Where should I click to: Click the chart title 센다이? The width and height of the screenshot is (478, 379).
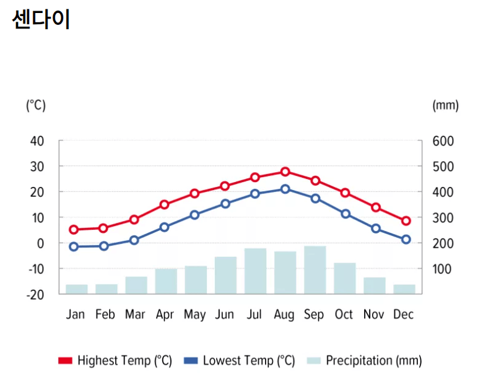click(x=41, y=19)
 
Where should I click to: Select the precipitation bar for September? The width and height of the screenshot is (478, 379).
click(x=315, y=270)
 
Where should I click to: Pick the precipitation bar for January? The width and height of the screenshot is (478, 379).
click(x=76, y=289)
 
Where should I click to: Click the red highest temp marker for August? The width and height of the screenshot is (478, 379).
click(x=285, y=172)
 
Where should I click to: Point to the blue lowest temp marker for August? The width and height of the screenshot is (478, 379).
click(x=285, y=189)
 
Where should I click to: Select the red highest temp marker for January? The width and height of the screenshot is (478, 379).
click(x=74, y=230)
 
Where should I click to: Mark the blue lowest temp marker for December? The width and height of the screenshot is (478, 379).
click(x=406, y=239)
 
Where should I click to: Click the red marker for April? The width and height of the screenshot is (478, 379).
click(x=165, y=204)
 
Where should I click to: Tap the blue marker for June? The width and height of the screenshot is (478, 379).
click(x=225, y=203)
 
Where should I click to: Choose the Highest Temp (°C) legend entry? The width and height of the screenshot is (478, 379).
click(x=115, y=360)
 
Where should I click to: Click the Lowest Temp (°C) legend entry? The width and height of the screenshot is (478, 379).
click(x=240, y=360)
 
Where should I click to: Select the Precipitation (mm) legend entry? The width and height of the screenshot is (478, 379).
click(x=365, y=360)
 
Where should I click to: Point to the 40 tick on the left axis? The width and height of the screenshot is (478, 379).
click(x=37, y=141)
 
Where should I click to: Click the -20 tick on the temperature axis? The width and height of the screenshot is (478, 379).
click(x=36, y=294)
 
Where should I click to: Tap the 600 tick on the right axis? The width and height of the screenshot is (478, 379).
click(x=443, y=141)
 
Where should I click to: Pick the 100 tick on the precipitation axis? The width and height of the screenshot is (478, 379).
click(x=443, y=269)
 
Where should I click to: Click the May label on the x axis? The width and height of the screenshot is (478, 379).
click(x=194, y=315)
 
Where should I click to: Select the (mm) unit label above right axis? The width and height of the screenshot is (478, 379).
click(x=445, y=105)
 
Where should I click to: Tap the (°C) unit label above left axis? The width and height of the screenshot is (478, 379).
click(x=35, y=105)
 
